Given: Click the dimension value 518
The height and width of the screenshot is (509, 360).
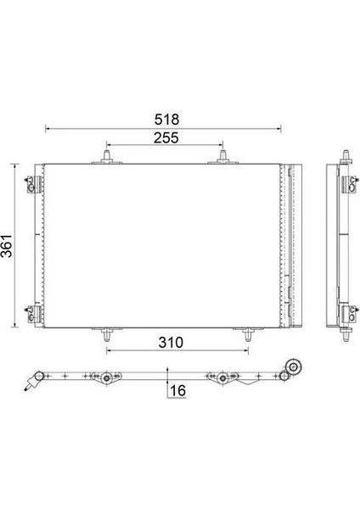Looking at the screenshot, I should (x=164, y=120).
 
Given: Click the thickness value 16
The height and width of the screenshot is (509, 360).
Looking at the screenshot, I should (x=177, y=390).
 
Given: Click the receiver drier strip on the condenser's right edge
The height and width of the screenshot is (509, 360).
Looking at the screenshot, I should (x=294, y=246).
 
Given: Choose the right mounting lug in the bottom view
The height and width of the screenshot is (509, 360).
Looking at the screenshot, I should (x=222, y=378).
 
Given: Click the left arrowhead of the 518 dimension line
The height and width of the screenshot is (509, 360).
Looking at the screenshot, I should (x=46, y=130).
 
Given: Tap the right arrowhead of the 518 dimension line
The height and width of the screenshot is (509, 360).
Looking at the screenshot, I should (x=280, y=130).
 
